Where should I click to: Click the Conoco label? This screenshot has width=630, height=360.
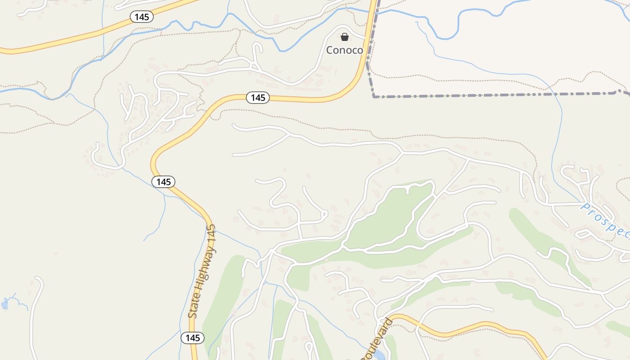click(x=344, y=50)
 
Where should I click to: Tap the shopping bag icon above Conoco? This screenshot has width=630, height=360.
click(x=344, y=37)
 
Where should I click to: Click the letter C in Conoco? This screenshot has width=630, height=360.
click(x=329, y=50)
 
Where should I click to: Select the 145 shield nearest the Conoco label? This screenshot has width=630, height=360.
click(x=257, y=98)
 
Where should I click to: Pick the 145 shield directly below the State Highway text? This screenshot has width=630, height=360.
click(x=193, y=337)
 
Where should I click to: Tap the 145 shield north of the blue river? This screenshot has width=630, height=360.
click(x=142, y=17)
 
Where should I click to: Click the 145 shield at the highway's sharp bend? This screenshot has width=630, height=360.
click(x=163, y=182)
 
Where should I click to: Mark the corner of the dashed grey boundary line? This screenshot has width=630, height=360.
click(x=374, y=96)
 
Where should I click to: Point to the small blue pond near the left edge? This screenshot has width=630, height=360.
click(x=5, y=304)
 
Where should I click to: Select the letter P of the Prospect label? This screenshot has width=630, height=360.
click(x=585, y=207)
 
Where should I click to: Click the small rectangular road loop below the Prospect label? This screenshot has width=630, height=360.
click(x=584, y=234)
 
